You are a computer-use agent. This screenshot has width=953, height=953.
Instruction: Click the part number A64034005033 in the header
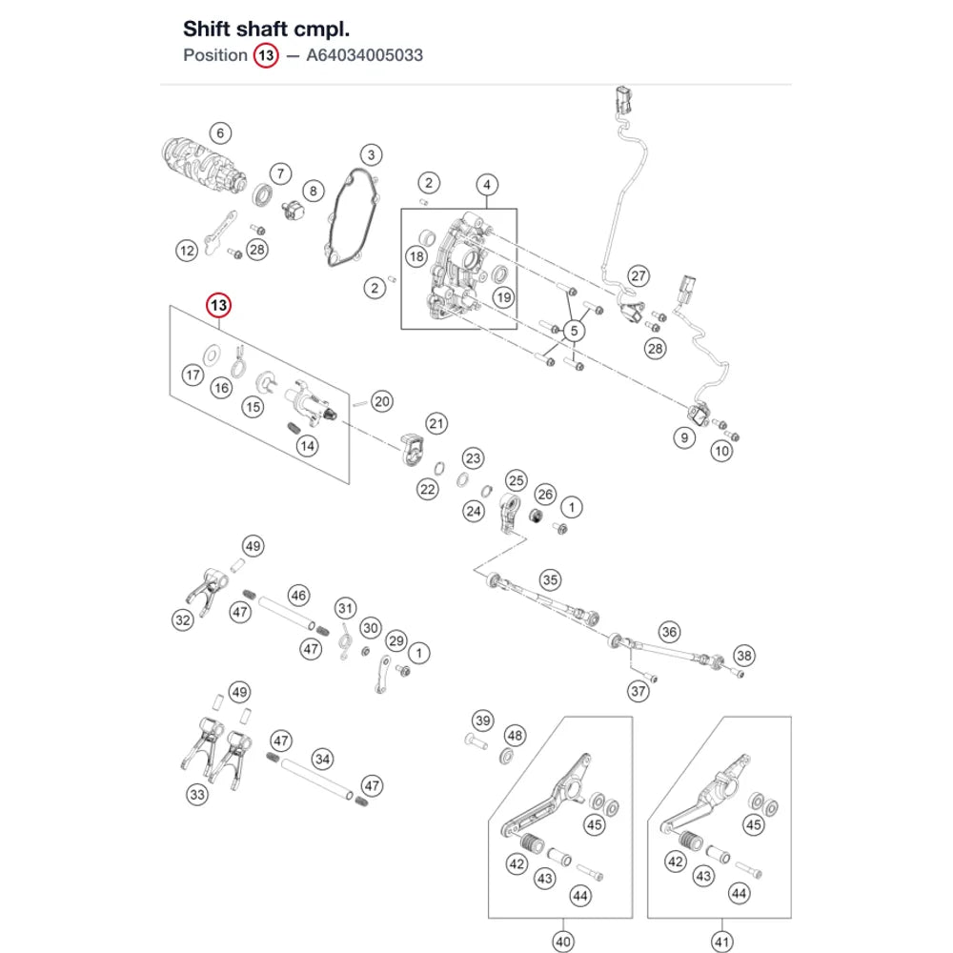(x=365, y=55)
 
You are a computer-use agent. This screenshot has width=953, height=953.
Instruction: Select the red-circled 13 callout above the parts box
(x=219, y=305)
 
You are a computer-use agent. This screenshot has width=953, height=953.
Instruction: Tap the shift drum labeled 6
(x=204, y=165)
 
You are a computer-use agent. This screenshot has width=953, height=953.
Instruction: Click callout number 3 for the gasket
(x=372, y=154)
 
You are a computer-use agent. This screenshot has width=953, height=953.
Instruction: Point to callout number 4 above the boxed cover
(x=487, y=184)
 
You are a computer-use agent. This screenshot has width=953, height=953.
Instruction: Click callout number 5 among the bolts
(x=574, y=331)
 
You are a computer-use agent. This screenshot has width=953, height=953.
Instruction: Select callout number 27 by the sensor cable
(x=639, y=276)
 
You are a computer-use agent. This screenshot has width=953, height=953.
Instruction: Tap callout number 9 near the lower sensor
(x=684, y=437)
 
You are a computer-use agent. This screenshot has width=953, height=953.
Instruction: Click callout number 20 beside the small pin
(x=382, y=401)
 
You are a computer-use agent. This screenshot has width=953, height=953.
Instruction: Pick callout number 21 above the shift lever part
(x=436, y=424)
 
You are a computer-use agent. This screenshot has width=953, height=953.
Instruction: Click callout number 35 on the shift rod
(x=550, y=579)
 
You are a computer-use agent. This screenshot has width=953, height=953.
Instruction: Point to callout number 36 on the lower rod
(x=669, y=632)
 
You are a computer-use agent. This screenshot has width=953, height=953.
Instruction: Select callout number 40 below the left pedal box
(x=563, y=942)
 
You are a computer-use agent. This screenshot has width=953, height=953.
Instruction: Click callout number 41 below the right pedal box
(x=722, y=942)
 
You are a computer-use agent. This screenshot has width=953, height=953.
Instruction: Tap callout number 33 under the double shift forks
(x=197, y=795)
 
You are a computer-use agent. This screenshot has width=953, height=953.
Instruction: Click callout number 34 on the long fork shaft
(x=323, y=759)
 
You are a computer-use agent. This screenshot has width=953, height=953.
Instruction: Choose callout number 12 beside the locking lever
(x=187, y=251)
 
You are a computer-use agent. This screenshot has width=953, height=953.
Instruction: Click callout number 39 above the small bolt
(x=483, y=720)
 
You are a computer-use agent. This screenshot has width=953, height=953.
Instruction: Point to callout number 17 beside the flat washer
(x=193, y=375)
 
